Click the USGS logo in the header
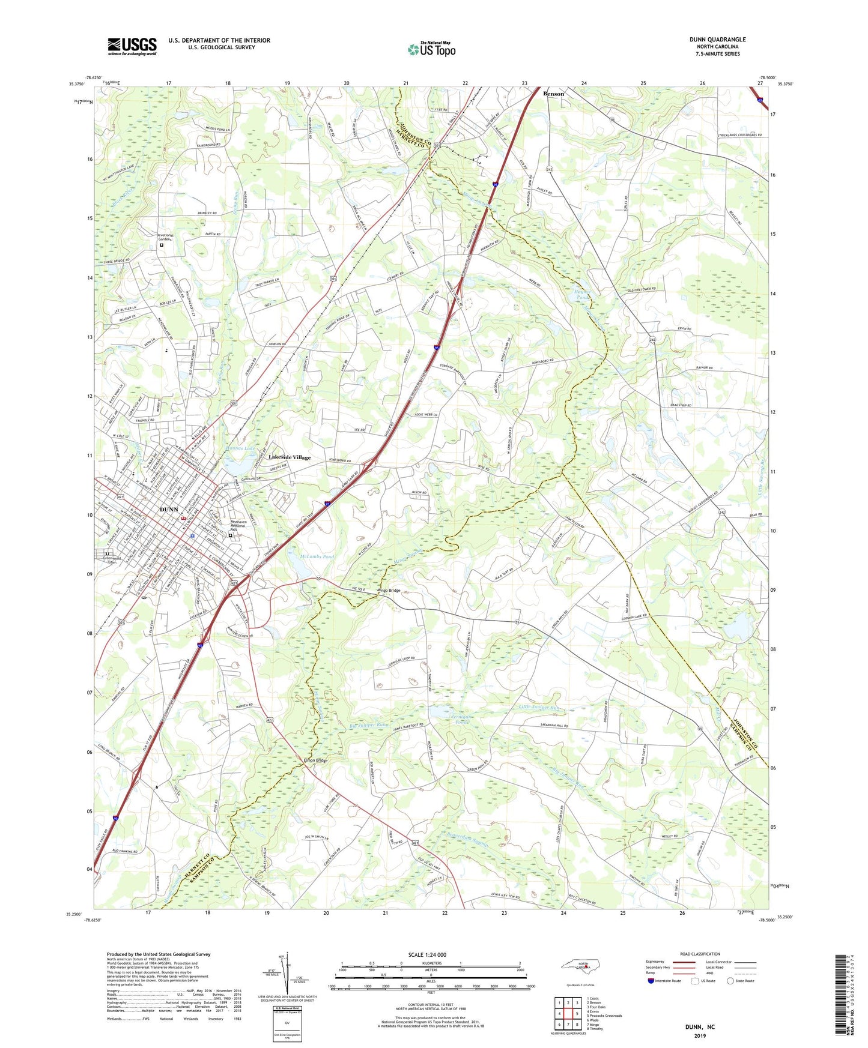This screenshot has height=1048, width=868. pyautogui.click(x=132, y=46)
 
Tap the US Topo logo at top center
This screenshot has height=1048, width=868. pyautogui.click(x=431, y=49)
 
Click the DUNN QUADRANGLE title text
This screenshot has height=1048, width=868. pyautogui.click(x=717, y=40)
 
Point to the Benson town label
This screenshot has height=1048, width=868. pyautogui.click(x=553, y=94)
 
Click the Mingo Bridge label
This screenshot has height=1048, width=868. pyautogui.click(x=389, y=591)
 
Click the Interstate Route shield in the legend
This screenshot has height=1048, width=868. pyautogui.click(x=652, y=981)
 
